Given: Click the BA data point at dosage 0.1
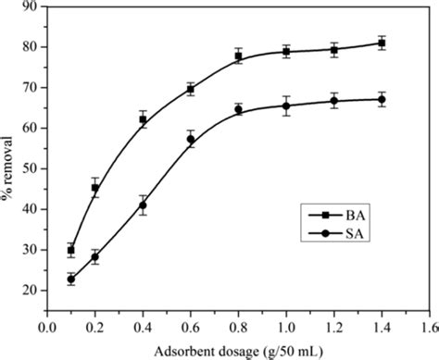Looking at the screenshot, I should click(70, 250).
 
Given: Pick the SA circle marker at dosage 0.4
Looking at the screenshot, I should click(143, 205).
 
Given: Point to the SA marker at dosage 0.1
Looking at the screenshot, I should click(70, 279).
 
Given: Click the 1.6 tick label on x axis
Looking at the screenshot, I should click(430, 327).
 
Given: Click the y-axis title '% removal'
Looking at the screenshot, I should click(8, 151).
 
